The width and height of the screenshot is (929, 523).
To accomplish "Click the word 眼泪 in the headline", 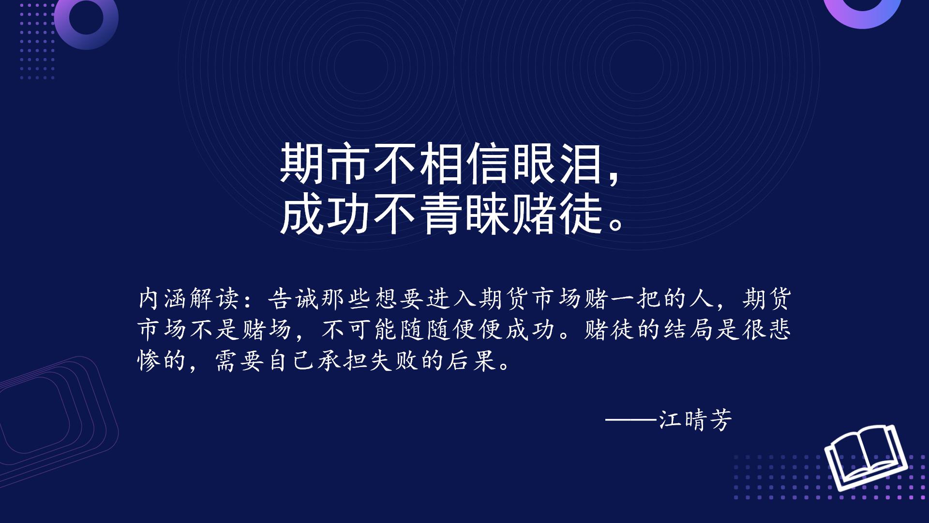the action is [558, 163].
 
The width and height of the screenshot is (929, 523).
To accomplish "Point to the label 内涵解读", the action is [189, 298].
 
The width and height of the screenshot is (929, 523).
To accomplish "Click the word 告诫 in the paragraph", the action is [293, 298].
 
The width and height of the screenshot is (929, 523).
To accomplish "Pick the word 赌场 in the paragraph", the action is [268, 330].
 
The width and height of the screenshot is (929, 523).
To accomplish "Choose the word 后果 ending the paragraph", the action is [472, 361].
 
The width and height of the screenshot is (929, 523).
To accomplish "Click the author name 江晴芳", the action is [695, 419].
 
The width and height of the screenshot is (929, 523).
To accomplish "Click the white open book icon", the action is [866, 458].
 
